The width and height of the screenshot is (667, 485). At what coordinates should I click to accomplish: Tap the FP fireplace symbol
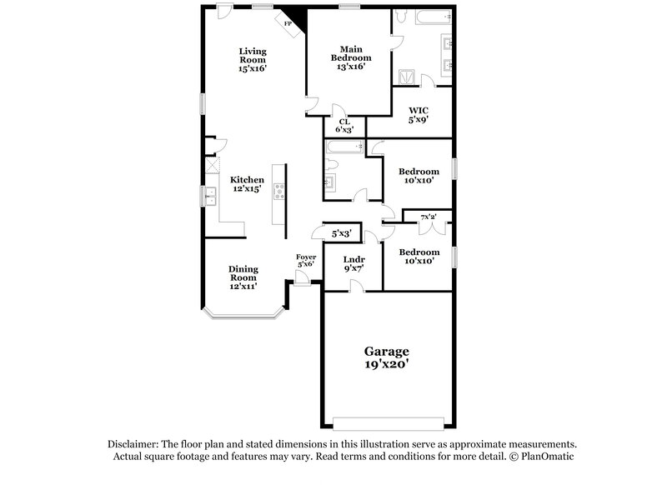pyautogui.click(x=289, y=24)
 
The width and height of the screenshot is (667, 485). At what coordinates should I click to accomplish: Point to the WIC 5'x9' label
pyautogui.click(x=419, y=115)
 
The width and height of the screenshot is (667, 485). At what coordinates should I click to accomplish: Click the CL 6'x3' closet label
pyautogui.click(x=344, y=126)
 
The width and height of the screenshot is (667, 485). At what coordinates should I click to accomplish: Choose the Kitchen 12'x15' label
pyautogui.click(x=247, y=184)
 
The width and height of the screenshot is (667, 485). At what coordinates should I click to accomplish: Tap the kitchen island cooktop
pyautogui.click(x=278, y=193)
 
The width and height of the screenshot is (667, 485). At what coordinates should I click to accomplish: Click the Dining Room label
pyautogui.click(x=243, y=277)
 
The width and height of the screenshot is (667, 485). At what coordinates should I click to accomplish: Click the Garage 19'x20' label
pyautogui.click(x=384, y=357)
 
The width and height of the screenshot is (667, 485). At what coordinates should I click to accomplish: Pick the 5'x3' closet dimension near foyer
pyautogui.click(x=341, y=234)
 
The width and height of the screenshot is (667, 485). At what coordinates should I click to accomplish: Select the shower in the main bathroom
pyautogui.click(x=409, y=75)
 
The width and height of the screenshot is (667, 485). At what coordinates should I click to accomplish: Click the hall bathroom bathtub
pyautogui.click(x=344, y=147)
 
